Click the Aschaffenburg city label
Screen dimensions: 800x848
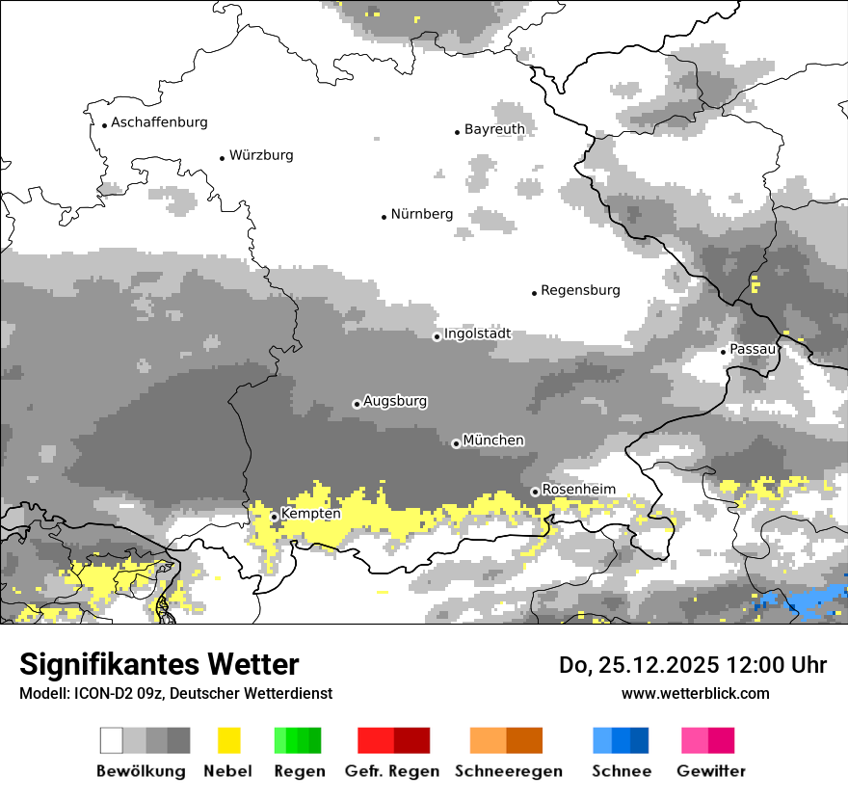click(159, 122)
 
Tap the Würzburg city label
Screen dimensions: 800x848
click(261, 155)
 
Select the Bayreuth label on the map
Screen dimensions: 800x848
click(494, 129)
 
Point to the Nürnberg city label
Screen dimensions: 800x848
click(422, 214)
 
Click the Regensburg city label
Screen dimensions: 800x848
click(580, 290)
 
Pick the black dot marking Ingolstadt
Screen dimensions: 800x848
click(437, 336)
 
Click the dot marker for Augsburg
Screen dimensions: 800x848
click(357, 404)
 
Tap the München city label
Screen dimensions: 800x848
click(493, 440)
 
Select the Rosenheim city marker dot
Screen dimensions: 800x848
click(535, 492)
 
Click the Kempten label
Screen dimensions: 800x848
click(310, 514)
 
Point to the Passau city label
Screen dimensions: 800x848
click(753, 348)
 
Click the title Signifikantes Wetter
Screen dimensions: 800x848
click(159, 664)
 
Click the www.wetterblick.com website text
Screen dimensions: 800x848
click(695, 693)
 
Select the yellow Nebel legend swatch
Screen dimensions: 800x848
click(228, 740)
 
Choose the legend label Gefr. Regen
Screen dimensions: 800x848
click(392, 771)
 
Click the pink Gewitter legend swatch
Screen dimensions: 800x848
click(708, 740)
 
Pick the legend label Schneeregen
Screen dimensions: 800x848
click(509, 771)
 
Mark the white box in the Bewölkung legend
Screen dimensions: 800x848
click(112, 740)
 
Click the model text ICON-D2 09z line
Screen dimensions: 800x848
click(175, 693)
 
